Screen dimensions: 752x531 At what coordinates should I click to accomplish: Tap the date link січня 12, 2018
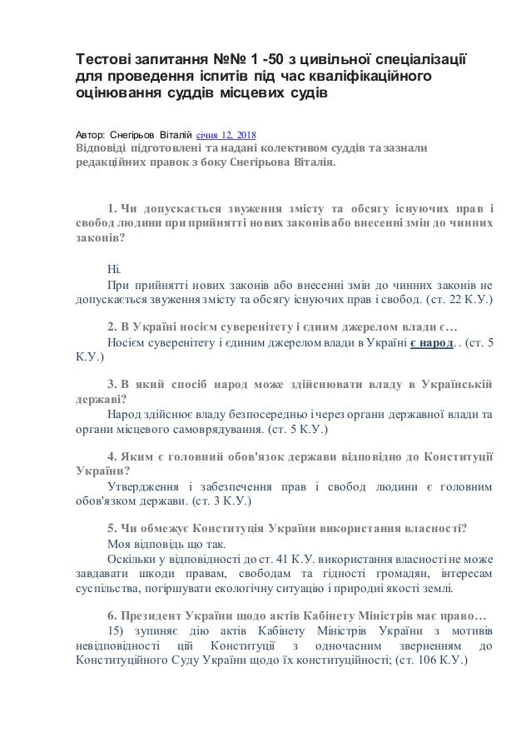[226, 133]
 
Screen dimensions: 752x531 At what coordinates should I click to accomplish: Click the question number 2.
[112, 326]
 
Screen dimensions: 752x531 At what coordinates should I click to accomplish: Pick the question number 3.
[112, 384]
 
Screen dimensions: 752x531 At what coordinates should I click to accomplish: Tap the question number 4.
[112, 457]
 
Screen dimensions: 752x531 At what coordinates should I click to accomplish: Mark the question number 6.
[112, 617]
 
